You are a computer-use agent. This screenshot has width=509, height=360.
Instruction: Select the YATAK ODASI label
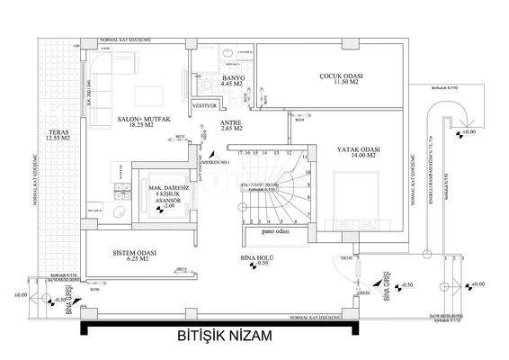[358, 149]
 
